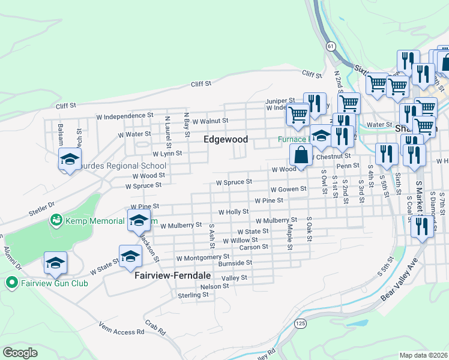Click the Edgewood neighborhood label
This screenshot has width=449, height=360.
pos(225,139)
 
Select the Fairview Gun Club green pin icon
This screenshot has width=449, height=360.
pos(11,283)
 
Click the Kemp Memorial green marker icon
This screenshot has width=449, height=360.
pos(56,221)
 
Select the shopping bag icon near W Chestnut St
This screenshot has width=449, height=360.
pos(301,155)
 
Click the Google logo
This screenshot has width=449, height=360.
pos(20,352)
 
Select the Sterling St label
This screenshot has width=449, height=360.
pos(193,295)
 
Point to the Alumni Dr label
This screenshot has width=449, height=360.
pos(11,257)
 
